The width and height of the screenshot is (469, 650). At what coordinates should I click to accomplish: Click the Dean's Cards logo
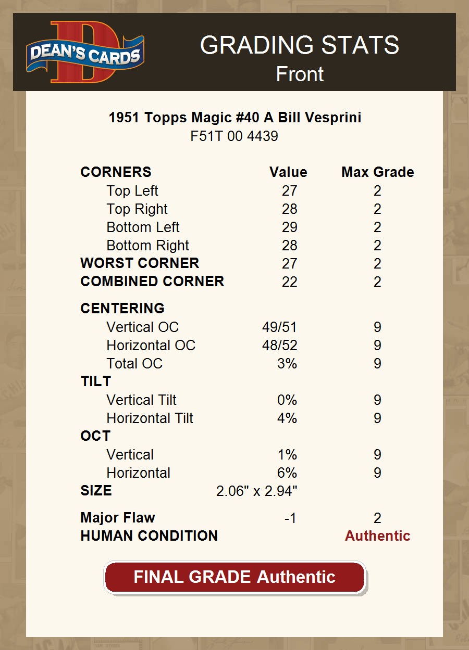click(85, 52)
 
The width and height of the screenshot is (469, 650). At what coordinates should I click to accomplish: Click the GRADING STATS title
click(300, 45)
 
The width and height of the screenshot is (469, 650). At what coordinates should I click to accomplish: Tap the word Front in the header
click(300, 74)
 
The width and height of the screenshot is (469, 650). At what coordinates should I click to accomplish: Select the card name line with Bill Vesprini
click(234, 118)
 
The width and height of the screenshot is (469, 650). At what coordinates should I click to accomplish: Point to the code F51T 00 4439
click(234, 136)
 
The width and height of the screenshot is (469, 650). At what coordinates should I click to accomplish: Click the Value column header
click(288, 172)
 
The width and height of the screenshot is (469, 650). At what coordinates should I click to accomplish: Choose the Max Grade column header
click(378, 172)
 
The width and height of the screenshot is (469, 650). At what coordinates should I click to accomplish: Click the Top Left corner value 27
click(289, 191)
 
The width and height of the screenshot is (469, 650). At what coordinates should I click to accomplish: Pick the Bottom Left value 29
click(289, 227)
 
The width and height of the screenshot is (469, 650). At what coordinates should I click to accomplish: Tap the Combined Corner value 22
click(289, 282)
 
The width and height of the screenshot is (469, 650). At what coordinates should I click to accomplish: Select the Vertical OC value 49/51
click(279, 327)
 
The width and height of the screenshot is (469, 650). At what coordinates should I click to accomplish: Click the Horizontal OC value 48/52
click(279, 346)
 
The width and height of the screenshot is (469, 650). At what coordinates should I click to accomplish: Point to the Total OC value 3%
click(287, 364)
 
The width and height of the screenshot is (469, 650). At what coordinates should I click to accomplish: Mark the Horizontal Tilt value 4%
click(287, 418)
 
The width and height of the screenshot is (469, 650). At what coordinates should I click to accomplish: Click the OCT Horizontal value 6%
click(287, 473)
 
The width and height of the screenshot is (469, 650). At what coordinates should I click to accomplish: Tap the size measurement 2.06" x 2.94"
click(256, 491)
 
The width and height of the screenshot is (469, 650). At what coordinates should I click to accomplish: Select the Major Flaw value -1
click(290, 518)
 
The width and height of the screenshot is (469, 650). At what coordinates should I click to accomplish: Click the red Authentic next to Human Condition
click(378, 536)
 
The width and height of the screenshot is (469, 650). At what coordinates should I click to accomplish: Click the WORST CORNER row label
click(140, 263)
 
